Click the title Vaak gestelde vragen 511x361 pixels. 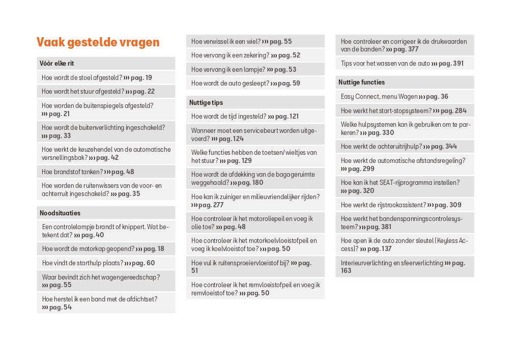point(98,42)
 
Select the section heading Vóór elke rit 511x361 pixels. point(57,64)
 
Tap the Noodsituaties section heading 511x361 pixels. point(60,213)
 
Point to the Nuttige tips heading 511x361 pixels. point(206,103)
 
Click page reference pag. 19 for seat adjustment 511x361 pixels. point(141,78)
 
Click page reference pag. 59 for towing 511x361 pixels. point(289,84)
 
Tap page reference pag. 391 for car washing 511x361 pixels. point(451,64)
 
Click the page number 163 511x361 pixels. point(346,271)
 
